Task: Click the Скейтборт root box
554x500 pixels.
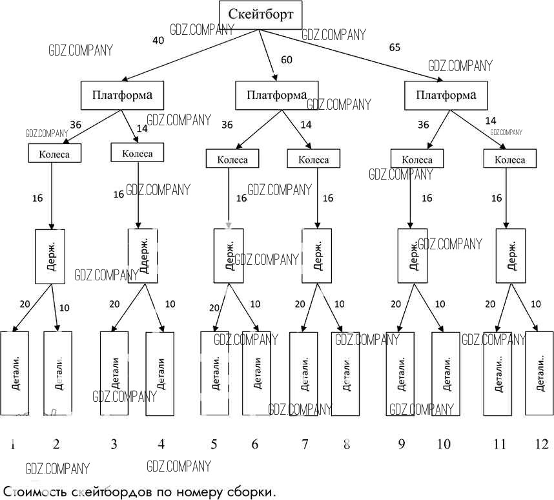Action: pos(260,14)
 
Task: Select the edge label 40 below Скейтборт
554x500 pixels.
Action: pos(158,40)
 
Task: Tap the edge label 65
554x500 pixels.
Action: pos(395,47)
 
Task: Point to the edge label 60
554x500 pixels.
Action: pos(287,60)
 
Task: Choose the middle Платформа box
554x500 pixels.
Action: pos(276,96)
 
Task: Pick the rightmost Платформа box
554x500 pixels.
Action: pos(446,96)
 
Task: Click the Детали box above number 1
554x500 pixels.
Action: pos(15,373)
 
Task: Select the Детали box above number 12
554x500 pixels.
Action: pos(540,373)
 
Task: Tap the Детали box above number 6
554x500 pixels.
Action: pos(257,373)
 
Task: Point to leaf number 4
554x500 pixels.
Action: pos(161,444)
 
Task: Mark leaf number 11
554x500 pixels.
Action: pos(500,444)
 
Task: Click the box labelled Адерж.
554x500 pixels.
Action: pos(143,255)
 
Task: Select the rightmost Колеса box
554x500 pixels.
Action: pos(509,160)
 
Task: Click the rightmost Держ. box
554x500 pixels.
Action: pos(511,255)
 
